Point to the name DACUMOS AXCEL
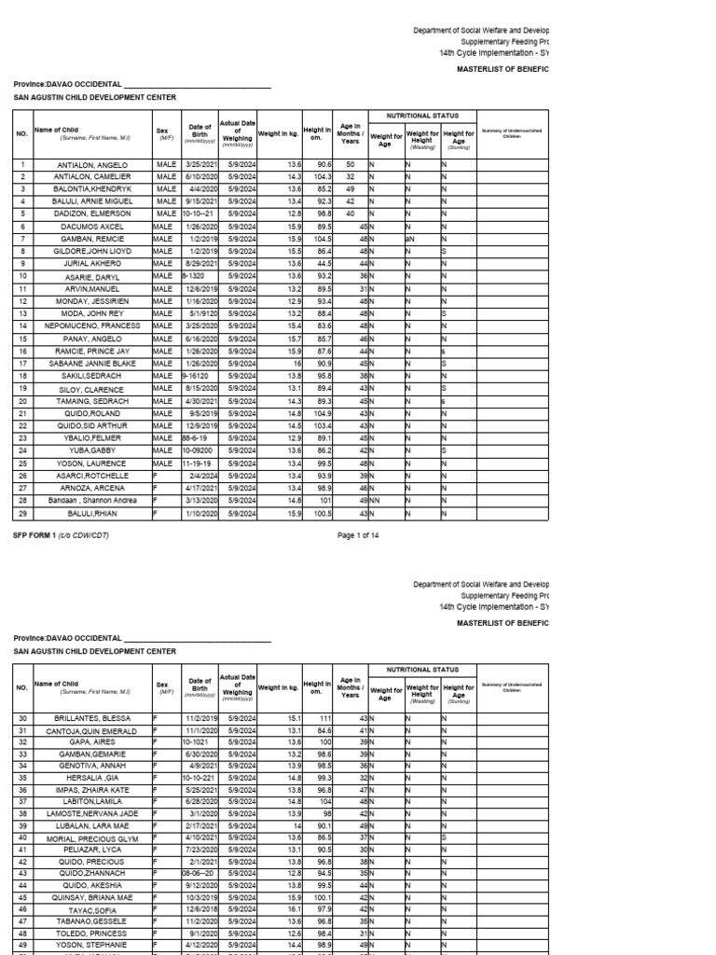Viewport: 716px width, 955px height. point(91,226)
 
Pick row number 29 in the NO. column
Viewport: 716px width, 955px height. point(21,513)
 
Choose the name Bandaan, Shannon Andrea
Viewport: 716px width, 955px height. point(91,501)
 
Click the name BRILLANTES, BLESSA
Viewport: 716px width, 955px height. point(91,719)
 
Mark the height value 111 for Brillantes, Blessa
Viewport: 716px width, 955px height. point(325,719)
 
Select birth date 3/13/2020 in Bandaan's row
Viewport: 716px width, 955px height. point(202,501)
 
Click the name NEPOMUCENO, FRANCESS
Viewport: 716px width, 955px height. point(91,325)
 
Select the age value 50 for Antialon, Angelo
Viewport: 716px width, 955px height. point(351,163)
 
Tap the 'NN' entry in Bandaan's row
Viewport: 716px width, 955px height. point(374,501)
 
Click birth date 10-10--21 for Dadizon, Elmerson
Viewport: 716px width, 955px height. point(198,213)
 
